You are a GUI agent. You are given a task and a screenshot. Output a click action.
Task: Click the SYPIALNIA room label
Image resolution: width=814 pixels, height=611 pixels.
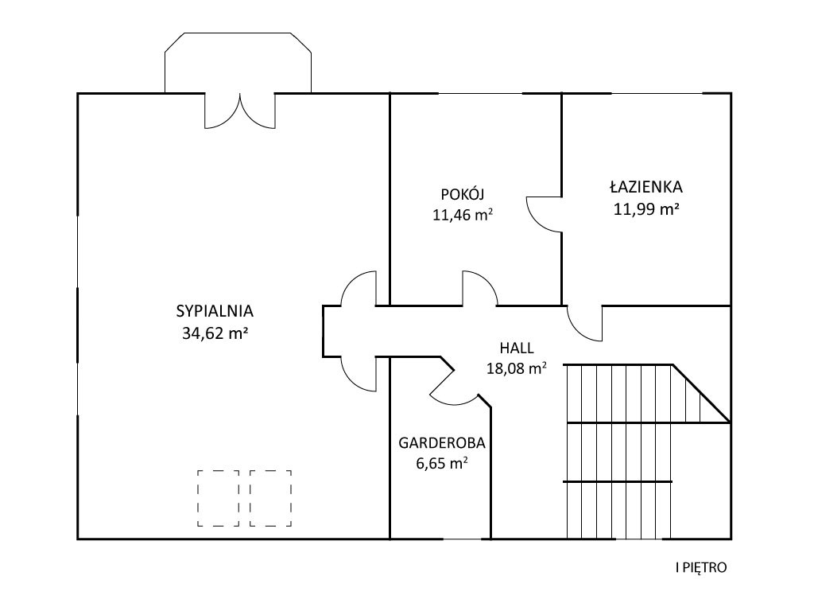point(215,311)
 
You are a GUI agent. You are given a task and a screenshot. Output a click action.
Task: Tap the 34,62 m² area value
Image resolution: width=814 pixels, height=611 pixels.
point(215,333)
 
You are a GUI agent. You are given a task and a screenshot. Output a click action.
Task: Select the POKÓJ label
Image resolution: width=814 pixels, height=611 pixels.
point(463,194)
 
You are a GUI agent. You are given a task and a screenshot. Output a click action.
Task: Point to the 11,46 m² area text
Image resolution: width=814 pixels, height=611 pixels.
point(463,215)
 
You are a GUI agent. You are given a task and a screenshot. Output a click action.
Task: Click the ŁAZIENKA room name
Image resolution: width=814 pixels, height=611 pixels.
point(646,186)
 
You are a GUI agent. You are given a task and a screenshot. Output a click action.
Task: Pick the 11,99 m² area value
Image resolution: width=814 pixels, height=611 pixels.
point(647,209)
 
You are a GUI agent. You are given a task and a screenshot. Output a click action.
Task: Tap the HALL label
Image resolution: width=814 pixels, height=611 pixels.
point(517,347)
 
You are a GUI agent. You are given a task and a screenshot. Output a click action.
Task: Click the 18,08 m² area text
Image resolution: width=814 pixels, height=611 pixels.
point(517,368)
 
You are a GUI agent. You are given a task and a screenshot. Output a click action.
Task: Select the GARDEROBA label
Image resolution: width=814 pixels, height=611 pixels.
point(442,442)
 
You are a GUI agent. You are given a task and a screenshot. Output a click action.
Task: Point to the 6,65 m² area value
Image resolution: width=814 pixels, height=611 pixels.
point(442,463)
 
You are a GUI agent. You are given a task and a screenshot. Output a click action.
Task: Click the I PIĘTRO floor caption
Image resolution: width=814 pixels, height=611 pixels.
point(701,567)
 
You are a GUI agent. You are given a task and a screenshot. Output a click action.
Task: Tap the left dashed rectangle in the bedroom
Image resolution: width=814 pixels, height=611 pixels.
point(218,498)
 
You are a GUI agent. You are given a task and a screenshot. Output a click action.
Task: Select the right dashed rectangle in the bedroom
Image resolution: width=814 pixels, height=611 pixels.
point(270,498)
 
